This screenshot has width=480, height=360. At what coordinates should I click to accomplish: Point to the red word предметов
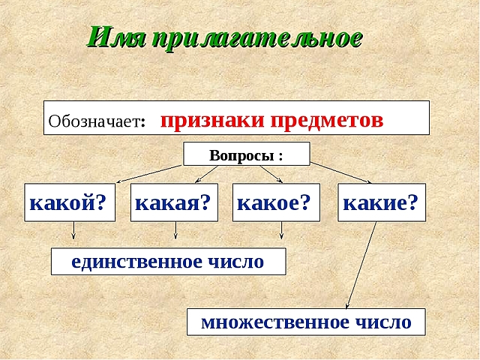326,120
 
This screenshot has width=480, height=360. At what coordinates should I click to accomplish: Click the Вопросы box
247,154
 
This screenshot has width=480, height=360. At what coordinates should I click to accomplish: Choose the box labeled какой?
70,202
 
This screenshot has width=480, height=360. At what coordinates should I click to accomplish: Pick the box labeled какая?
174,202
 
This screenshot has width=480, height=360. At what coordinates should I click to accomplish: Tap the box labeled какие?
381,202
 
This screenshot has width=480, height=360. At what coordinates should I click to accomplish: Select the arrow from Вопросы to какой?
150,172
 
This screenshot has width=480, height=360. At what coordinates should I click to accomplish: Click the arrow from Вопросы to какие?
339,172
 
